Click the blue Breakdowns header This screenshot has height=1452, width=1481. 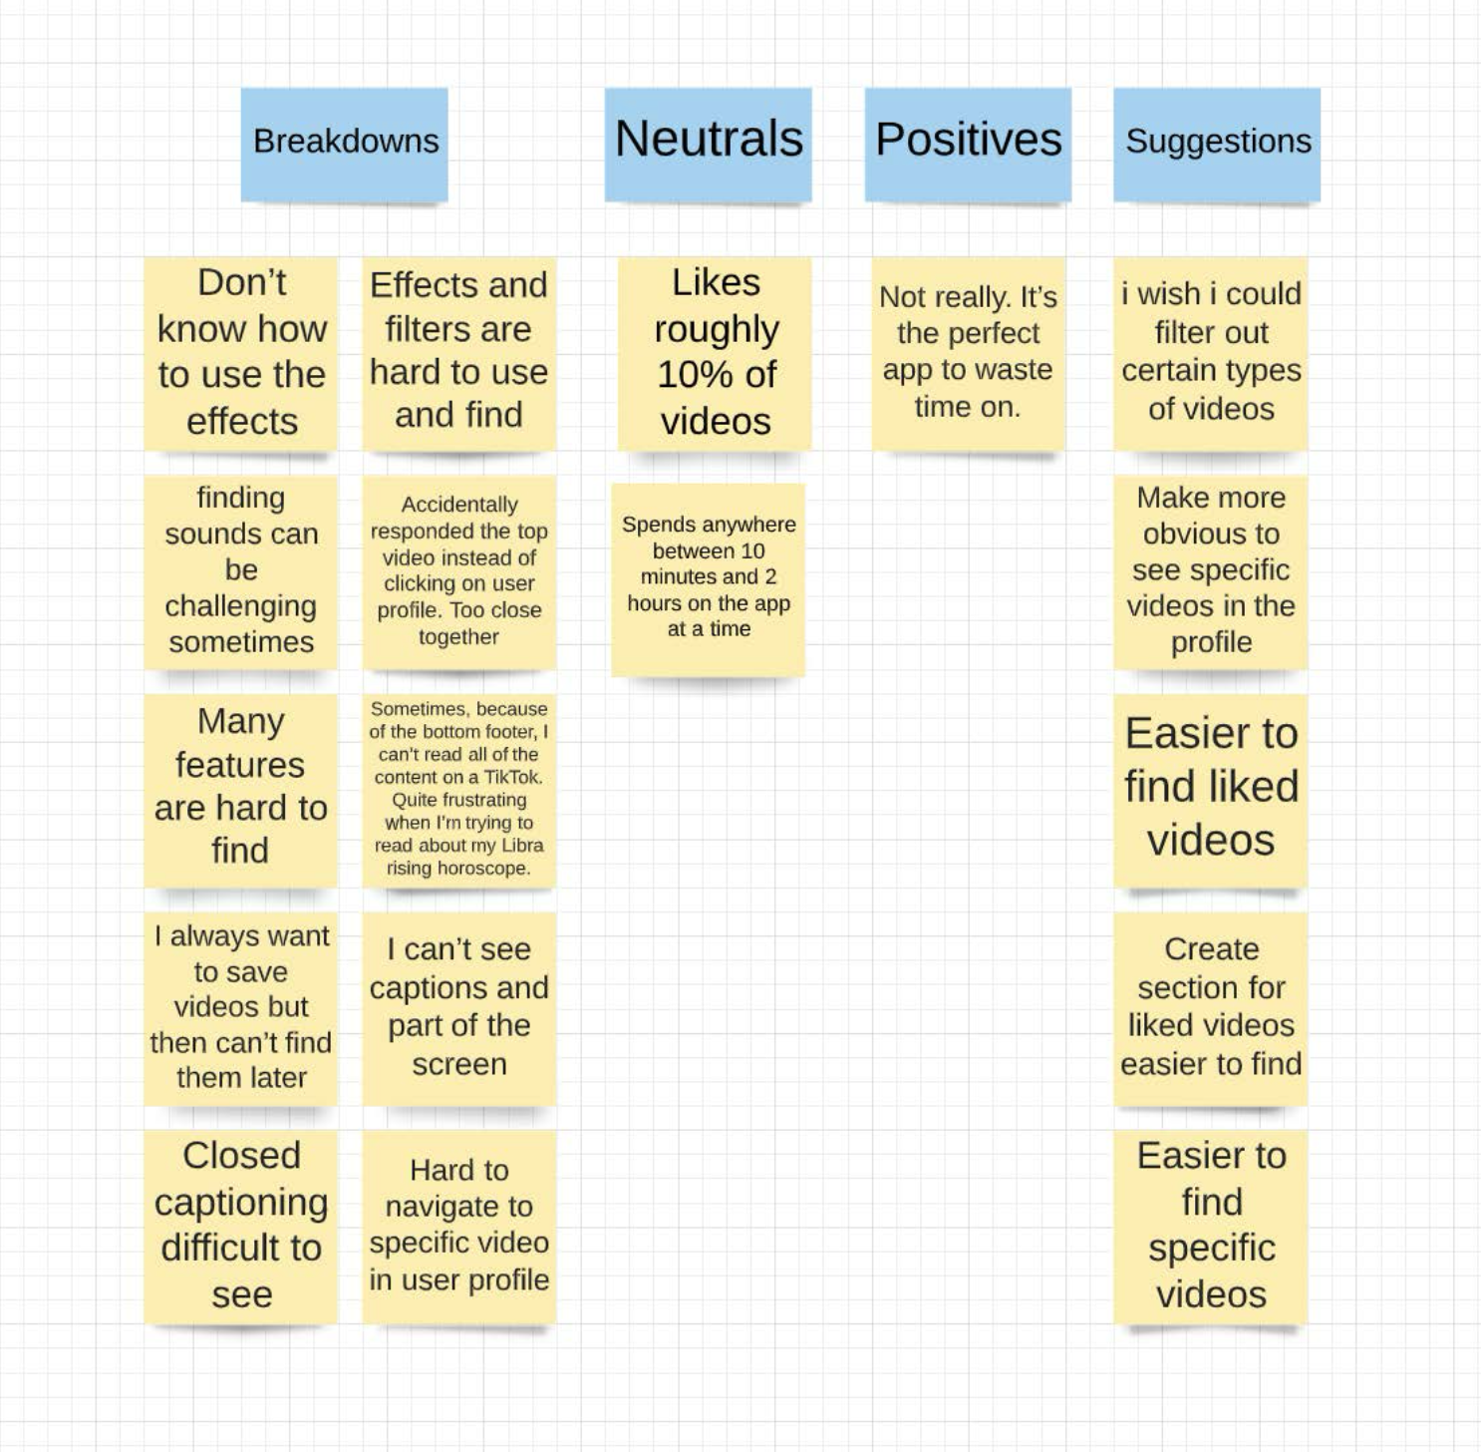345,143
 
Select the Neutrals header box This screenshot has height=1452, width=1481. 709,143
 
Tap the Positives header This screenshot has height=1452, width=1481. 968,143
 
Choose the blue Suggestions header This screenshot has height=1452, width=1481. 1217,143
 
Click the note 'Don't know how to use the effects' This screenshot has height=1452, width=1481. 241,352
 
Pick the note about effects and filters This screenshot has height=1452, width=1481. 458,351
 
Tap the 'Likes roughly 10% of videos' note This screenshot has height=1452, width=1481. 715,352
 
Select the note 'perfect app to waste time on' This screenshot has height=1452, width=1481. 968,352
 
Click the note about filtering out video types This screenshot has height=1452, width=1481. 1211,352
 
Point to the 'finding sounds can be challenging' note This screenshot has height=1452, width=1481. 241,570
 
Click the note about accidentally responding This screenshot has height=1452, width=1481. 458,570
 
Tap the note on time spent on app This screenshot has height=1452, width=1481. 708,577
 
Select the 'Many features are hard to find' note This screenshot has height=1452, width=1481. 241,787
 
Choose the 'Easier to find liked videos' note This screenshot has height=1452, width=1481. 1211,787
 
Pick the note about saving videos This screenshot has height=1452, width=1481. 241,1006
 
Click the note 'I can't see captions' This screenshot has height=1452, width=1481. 458,1006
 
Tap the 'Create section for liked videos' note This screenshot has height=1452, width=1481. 1211,1006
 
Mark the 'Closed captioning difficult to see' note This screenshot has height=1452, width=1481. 241,1225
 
